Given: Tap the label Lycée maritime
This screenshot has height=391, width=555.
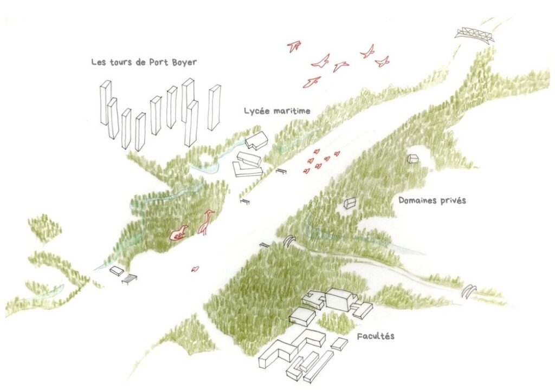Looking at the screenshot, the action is pyautogui.click(x=277, y=111).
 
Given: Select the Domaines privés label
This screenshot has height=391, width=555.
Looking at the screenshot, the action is pyautogui.click(x=432, y=200).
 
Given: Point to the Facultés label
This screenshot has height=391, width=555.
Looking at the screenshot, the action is pyautogui.click(x=376, y=336).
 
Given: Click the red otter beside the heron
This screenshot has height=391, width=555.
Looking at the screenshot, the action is pyautogui.click(x=179, y=233).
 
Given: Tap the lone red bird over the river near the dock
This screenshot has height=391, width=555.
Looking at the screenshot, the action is pyautogui.click(x=195, y=269).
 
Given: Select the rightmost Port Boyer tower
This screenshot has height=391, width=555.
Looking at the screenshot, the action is pyautogui.click(x=215, y=107).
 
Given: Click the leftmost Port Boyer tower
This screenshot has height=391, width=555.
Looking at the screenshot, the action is pyautogui.click(x=106, y=102).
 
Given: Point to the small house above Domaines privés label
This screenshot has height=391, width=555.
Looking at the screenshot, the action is pyautogui.click(x=412, y=158).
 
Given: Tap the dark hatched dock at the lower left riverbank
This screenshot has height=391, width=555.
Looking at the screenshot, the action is pyautogui.click(x=129, y=279).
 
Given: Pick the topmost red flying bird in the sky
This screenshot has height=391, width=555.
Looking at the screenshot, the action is pyautogui.click(x=294, y=46).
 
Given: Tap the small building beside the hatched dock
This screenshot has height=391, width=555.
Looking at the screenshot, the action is pyautogui.click(x=117, y=271).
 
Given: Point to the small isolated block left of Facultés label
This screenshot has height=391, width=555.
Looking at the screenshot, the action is pyautogui.click(x=340, y=344).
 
